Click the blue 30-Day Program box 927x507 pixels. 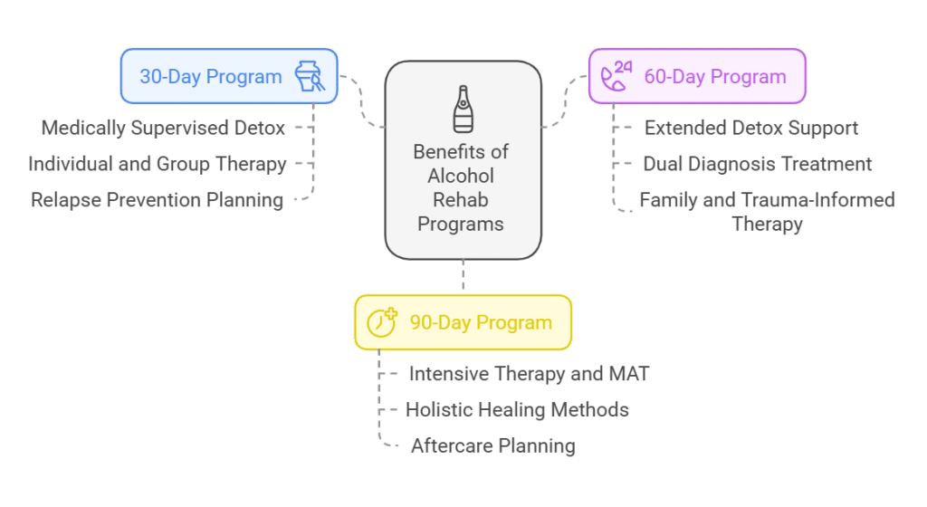(x=229, y=76)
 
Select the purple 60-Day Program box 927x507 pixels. (x=697, y=76)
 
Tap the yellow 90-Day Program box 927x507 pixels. (x=463, y=322)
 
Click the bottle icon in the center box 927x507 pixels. (x=463, y=110)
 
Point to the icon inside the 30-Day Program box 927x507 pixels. (x=310, y=76)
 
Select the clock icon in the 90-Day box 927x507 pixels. (x=381, y=322)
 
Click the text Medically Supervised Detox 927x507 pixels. (x=163, y=128)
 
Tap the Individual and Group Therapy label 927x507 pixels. (x=157, y=164)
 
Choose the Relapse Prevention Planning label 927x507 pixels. (x=158, y=200)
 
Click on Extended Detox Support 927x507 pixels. (x=750, y=128)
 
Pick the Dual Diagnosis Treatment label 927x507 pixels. (x=757, y=164)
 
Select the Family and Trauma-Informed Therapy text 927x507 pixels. (x=767, y=211)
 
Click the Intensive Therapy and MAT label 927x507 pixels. (x=529, y=373)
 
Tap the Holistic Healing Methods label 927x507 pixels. (x=517, y=409)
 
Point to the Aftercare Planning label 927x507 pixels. (x=492, y=445)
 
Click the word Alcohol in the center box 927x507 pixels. (x=463, y=176)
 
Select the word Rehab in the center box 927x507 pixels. (x=463, y=199)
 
